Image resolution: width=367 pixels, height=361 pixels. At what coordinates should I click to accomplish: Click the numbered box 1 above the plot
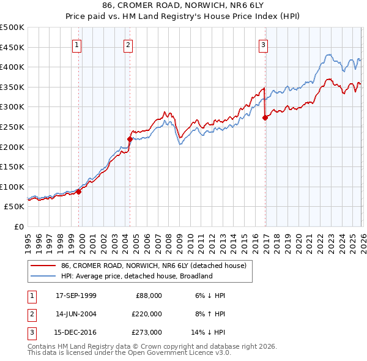[76, 44]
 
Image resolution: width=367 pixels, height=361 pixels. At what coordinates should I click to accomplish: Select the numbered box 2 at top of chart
[128, 44]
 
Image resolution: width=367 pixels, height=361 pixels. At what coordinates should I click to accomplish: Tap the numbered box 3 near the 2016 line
[263, 44]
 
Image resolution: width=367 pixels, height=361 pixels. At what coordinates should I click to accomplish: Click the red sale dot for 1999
[78, 192]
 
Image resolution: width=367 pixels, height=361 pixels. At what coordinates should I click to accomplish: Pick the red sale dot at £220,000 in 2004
[130, 139]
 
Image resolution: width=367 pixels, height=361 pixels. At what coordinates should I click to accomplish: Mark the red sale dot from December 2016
[265, 117]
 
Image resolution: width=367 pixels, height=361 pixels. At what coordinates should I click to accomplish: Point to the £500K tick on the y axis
[12, 28]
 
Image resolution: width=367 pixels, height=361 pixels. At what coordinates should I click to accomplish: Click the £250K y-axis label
[12, 127]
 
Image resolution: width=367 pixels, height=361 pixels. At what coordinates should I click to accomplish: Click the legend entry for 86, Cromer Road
[153, 266]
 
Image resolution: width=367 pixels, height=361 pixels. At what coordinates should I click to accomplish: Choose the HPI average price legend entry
[136, 276]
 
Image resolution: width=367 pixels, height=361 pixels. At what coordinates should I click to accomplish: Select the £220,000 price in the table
[146, 314]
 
